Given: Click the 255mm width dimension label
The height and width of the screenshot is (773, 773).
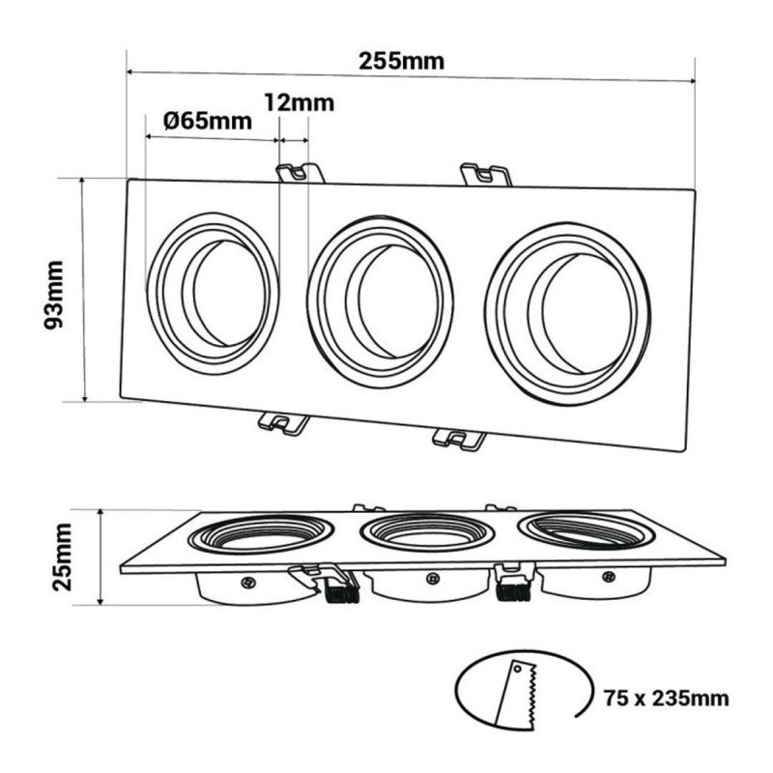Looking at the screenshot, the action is point(401,61).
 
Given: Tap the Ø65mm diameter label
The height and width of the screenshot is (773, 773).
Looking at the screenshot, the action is point(208,121).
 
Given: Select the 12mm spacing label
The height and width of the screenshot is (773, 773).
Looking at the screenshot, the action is point(300,103).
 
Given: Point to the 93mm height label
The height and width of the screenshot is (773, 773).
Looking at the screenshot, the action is point(54,295).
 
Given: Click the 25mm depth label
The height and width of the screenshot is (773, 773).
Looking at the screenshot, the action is point(62,558).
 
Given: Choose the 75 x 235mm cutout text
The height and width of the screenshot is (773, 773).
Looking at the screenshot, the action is point(667,699).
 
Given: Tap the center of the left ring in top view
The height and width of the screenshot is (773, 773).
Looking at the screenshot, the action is point(213,294).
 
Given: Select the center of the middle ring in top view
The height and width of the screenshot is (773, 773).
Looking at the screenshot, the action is point(380,302).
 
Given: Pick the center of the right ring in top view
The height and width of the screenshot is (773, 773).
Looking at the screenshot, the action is point(567,314).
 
